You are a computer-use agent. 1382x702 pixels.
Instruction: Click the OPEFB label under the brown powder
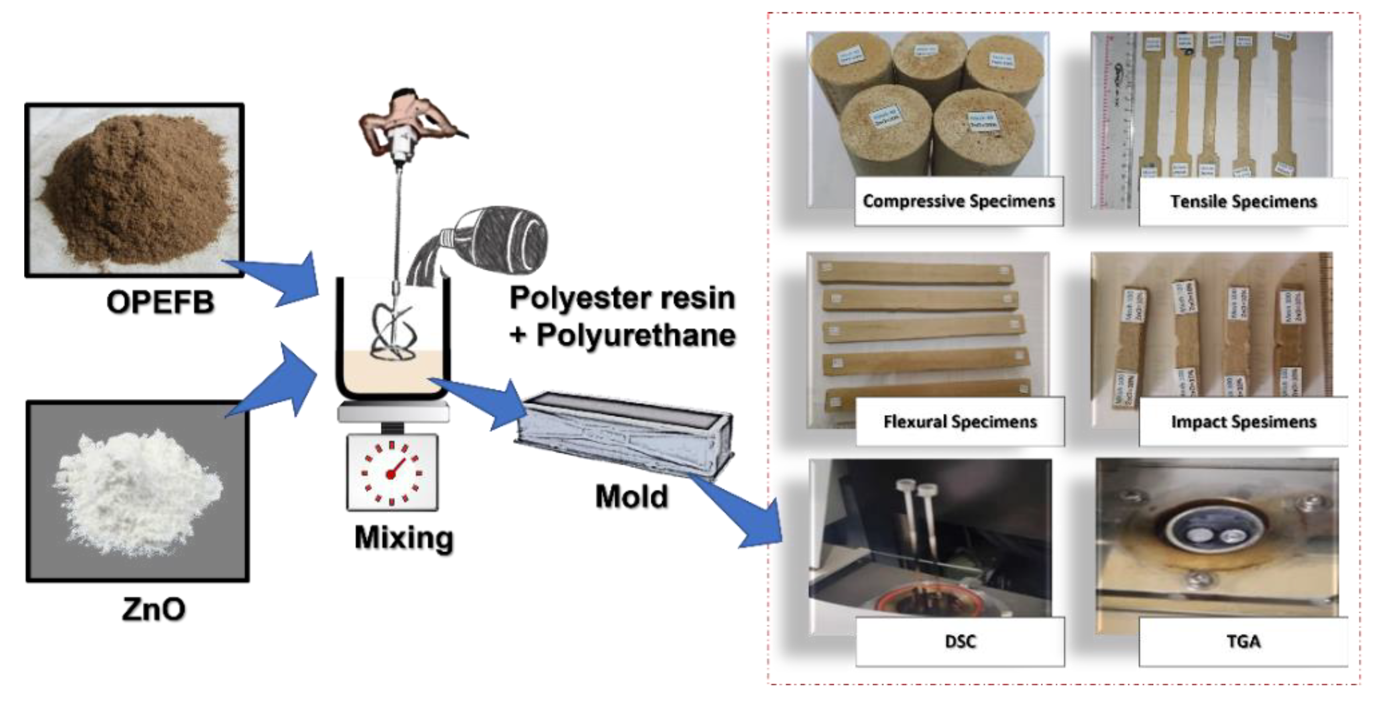[x=160, y=302]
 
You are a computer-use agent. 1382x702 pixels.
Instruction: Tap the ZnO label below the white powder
[x=153, y=609]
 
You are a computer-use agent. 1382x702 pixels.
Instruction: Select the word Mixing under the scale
[x=403, y=537]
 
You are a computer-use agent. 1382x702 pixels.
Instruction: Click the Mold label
[x=631, y=496]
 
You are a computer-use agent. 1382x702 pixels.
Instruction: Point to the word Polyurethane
[x=636, y=335]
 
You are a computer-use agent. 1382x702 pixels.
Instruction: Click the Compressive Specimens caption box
[x=958, y=201]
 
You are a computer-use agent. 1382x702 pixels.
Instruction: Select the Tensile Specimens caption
[x=1243, y=202]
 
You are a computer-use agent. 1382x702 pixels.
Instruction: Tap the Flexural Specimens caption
[x=960, y=422]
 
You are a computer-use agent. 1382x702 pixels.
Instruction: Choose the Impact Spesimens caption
[x=1243, y=422]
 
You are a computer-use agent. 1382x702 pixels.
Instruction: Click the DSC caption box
[x=960, y=641]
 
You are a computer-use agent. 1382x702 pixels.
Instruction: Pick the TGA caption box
[x=1243, y=641]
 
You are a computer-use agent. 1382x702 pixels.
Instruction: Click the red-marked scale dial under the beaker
[x=392, y=473]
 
